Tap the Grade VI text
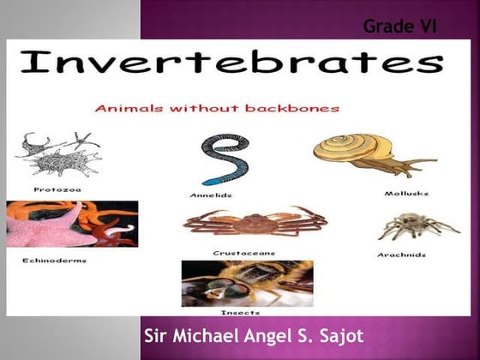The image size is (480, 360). coord(400,27)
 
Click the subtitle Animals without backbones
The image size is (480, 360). coord(217,109)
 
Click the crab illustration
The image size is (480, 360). coord(255,221)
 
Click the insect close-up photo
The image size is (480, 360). coord(247,283)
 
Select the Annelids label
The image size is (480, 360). coord(211,195)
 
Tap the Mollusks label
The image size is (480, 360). coord(406,193)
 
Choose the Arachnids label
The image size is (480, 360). coord(401,255)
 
